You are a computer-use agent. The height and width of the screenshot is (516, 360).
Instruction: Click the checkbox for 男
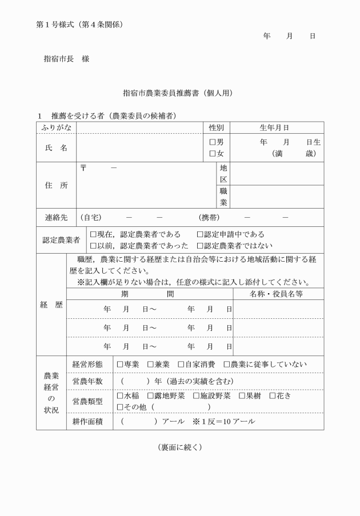tap(212, 142)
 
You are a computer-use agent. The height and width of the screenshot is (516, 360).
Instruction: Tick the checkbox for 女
tap(212, 153)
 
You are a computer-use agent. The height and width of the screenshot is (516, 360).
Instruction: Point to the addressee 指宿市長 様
tap(66, 58)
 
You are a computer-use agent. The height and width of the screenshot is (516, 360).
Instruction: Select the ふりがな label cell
tap(56, 127)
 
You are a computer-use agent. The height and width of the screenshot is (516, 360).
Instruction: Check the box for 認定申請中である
tap(200, 234)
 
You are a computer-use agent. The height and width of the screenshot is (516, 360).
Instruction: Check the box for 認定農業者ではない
tap(200, 246)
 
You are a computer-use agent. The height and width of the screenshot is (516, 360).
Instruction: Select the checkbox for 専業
tap(120, 364)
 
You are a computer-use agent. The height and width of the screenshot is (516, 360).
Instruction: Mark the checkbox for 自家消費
tap(181, 364)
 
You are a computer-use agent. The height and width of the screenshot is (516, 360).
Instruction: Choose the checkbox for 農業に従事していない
tap(226, 364)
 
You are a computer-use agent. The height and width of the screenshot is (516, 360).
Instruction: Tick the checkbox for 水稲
tap(120, 395)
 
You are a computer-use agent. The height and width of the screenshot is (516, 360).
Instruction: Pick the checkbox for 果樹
tap(242, 395)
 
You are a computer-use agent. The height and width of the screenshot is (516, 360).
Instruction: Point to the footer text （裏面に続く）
tap(179, 447)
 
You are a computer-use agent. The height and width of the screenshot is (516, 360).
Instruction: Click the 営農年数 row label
tap(87, 381)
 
